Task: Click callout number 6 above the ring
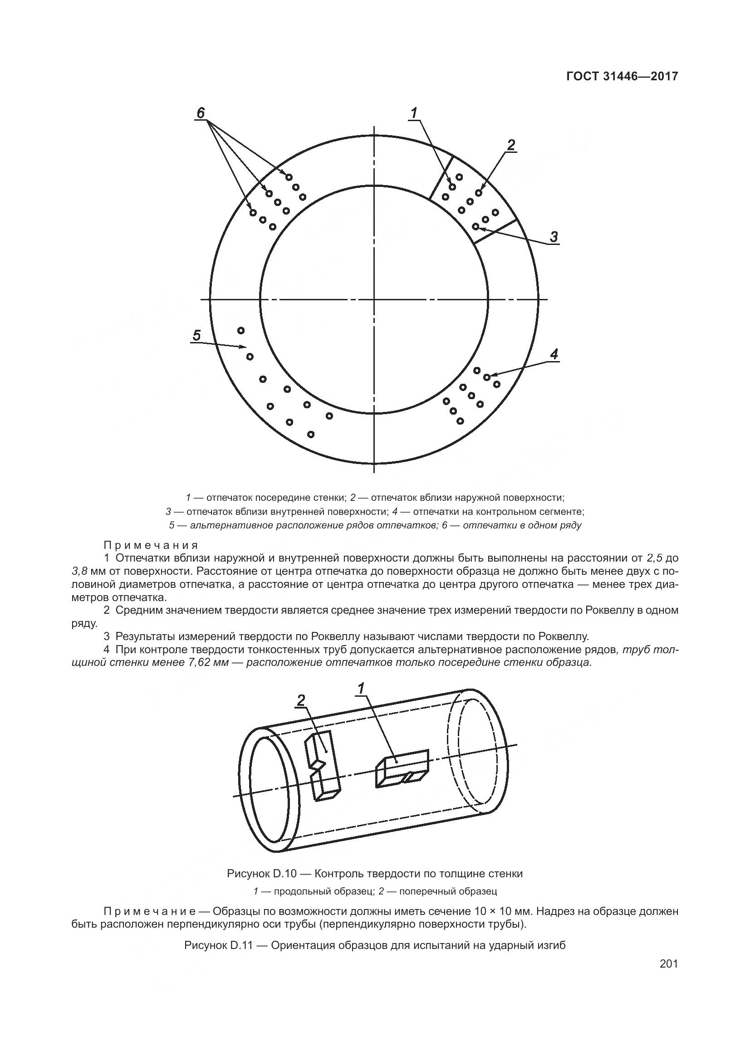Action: pyautogui.click(x=201, y=113)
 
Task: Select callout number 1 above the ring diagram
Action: pyautogui.click(x=414, y=112)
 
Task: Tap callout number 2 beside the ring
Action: pyautogui.click(x=510, y=145)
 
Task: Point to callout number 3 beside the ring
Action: pyautogui.click(x=553, y=237)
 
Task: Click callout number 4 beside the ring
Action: pyautogui.click(x=554, y=354)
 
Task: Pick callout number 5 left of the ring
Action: pyautogui.click(x=197, y=335)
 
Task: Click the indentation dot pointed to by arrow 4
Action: pyautogui.click(x=486, y=377)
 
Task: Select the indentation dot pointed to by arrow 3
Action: pyautogui.click(x=475, y=226)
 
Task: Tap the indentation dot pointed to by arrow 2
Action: pyautogui.click(x=479, y=192)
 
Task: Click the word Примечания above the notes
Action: pyautogui.click(x=151, y=545)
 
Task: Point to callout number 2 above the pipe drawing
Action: pyautogui.click(x=301, y=701)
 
